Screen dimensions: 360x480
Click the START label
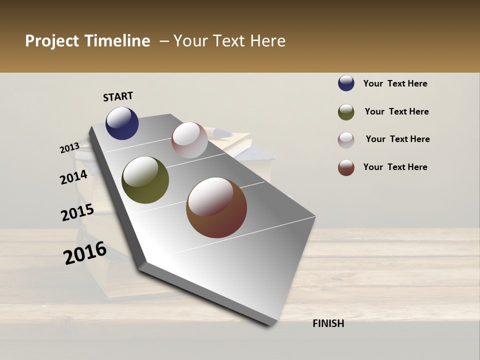118,96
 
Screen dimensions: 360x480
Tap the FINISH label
328,323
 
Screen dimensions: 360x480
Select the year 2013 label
69,148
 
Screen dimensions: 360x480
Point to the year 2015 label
77,212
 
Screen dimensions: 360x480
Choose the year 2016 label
85,253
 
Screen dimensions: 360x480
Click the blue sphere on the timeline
122,123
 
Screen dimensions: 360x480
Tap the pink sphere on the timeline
189,140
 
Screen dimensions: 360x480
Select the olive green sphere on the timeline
145,180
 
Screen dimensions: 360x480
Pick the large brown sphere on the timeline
216,207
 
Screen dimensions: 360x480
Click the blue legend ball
346,83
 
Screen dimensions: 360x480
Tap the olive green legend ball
346,112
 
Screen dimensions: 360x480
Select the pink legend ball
346,140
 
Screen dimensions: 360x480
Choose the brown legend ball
346,167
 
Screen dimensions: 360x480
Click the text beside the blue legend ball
395,83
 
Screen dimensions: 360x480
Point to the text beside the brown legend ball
395,167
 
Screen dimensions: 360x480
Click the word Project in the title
52,41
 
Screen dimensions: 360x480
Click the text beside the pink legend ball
397,139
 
